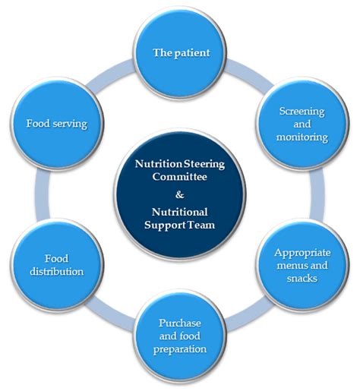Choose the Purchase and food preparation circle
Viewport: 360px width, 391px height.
180,337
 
